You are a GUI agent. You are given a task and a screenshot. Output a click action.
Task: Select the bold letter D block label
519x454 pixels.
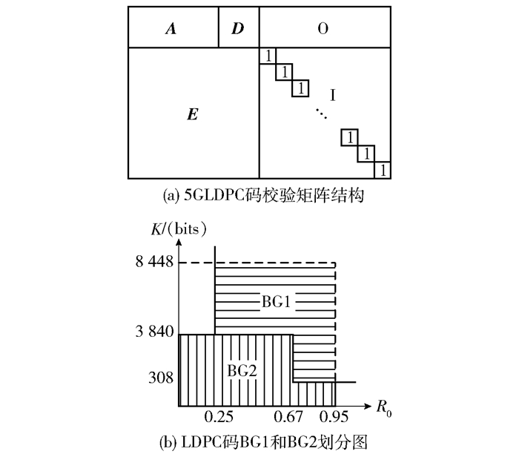[x=237, y=29]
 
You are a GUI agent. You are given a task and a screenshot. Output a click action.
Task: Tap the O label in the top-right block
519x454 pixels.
[x=323, y=29]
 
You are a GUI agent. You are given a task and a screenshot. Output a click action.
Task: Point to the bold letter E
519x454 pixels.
[x=192, y=115]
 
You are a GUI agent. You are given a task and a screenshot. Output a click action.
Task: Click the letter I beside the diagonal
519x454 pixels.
[x=333, y=95]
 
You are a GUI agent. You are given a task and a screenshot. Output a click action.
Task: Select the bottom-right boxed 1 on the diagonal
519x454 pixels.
[x=383, y=171]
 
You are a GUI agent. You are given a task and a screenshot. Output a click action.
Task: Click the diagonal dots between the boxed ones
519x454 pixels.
[x=320, y=113]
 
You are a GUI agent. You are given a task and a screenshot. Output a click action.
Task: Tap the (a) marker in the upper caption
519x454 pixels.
[x=168, y=196]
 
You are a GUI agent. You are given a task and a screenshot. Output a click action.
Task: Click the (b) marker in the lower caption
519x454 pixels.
[x=167, y=441]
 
